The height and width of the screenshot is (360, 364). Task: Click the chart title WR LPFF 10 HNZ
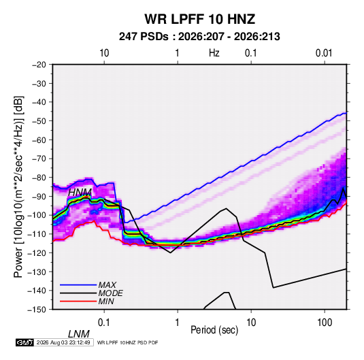click(x=200, y=19)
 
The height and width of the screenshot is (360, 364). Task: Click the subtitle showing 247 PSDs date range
click(x=199, y=37)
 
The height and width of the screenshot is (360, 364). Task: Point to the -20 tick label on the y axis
click(x=39, y=65)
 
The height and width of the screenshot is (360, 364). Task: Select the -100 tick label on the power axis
click(x=37, y=215)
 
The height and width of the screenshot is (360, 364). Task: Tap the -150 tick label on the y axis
click(x=37, y=310)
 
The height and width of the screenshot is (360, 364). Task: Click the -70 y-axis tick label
click(x=39, y=159)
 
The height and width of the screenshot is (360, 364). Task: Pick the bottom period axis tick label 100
click(x=325, y=323)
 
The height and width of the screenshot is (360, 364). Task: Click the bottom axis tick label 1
click(x=178, y=323)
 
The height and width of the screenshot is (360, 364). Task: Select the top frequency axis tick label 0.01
click(x=324, y=53)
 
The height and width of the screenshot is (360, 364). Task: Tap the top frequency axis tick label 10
click(x=104, y=53)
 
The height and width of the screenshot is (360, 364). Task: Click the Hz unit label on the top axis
click(x=214, y=53)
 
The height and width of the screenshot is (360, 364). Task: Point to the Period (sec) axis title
click(x=214, y=330)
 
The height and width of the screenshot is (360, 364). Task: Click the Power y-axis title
click(x=18, y=186)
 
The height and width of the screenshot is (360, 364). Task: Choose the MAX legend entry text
click(x=107, y=285)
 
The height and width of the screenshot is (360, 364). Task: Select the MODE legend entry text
click(x=110, y=293)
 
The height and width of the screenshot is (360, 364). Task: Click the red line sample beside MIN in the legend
click(x=78, y=301)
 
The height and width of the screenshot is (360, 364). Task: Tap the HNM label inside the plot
click(x=80, y=193)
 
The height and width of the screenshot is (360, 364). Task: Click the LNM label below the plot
click(x=79, y=334)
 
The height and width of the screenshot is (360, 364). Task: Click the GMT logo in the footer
click(x=24, y=342)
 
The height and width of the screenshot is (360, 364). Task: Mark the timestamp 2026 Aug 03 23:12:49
click(x=63, y=342)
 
